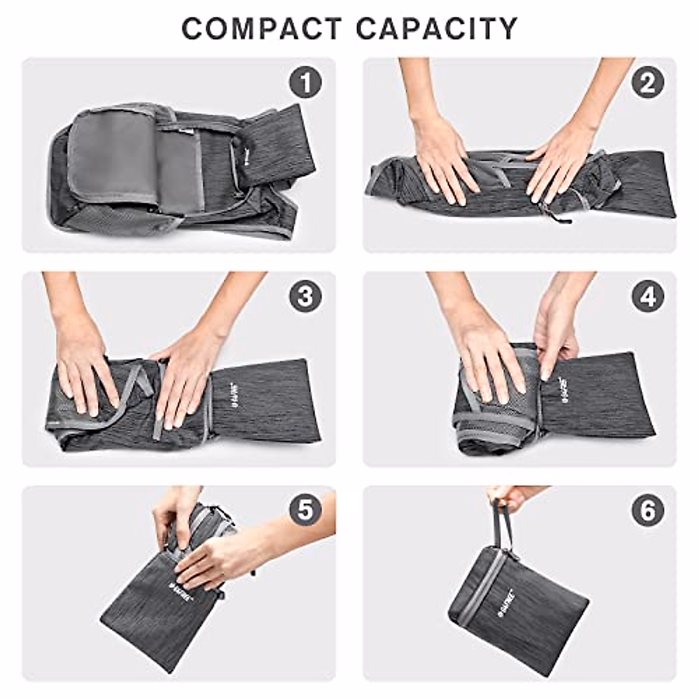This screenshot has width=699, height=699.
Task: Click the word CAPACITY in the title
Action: [436, 29]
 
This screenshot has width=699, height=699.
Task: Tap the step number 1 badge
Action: [305, 83]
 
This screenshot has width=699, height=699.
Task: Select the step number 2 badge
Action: [647, 83]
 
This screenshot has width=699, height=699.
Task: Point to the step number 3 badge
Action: [305, 296]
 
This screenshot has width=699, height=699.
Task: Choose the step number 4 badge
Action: [647, 296]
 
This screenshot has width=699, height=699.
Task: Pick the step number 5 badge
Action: [305, 511]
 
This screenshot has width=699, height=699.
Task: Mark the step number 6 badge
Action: [647, 511]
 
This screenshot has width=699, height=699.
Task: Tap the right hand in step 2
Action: [556, 160]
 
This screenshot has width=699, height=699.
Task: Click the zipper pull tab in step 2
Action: [559, 220]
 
